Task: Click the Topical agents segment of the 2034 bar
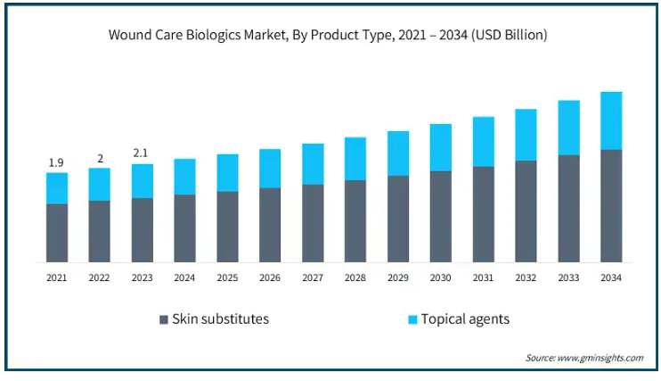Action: click(x=611, y=120)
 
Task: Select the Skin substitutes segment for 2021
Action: click(x=57, y=233)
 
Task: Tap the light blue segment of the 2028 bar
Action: click(x=355, y=159)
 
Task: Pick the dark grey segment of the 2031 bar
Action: click(x=484, y=214)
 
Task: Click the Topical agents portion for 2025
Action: click(x=228, y=173)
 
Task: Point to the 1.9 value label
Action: click(x=56, y=162)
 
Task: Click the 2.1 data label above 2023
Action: click(x=141, y=153)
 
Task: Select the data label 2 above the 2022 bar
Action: click(x=101, y=159)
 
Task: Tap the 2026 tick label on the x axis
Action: click(x=270, y=277)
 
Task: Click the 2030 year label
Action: click(x=441, y=277)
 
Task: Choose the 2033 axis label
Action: click(x=568, y=277)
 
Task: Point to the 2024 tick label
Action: click(x=184, y=277)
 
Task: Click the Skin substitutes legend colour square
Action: click(x=164, y=319)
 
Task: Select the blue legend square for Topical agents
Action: click(x=412, y=319)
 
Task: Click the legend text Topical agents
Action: click(x=465, y=319)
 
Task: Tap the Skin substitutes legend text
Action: click(x=220, y=319)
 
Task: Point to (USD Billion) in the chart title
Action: click(x=510, y=35)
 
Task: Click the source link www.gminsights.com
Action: click(x=600, y=358)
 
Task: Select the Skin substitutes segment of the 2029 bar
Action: click(x=398, y=219)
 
